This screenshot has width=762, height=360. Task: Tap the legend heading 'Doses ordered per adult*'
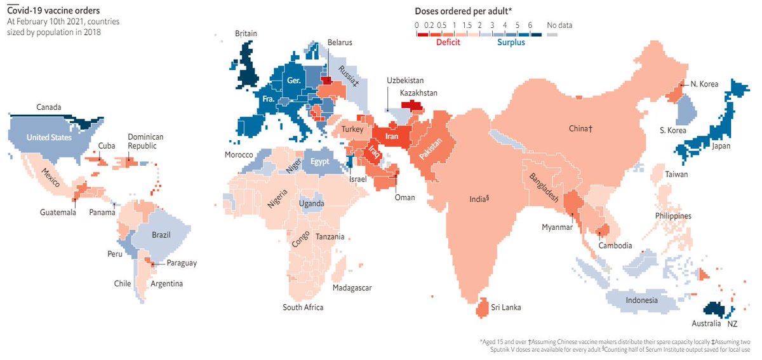click(463, 11)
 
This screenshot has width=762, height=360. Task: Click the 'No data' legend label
click(559, 25)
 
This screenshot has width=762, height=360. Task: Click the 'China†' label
click(580, 129)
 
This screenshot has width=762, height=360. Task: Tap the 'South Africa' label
click(303, 307)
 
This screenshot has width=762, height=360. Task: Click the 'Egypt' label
click(319, 162)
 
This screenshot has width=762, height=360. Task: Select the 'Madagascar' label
click(352, 288)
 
